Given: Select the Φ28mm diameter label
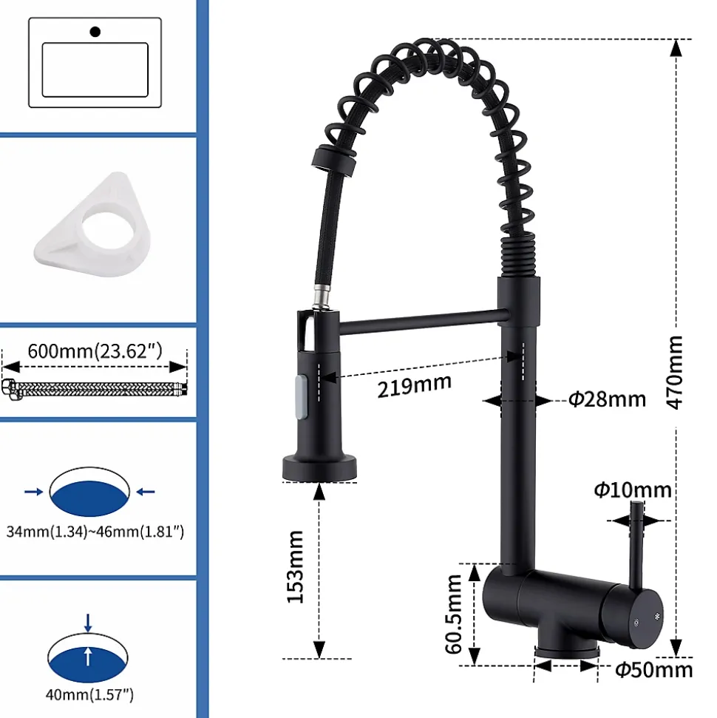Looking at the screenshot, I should coord(607,400).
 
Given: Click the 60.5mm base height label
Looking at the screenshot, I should coord(454,613).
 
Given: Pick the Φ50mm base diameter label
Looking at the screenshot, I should coord(654,669).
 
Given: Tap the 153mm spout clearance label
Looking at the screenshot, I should coord(296,566).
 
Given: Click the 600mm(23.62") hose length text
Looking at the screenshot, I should coord(95,350).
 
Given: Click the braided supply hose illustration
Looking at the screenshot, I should coord(95,387).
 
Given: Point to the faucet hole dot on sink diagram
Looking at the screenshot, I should coord(94,31).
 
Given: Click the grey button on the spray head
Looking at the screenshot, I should coord(300,393).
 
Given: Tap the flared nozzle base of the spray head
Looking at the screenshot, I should coord(319,468).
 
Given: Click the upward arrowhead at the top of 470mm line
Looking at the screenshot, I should coord(674,47).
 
